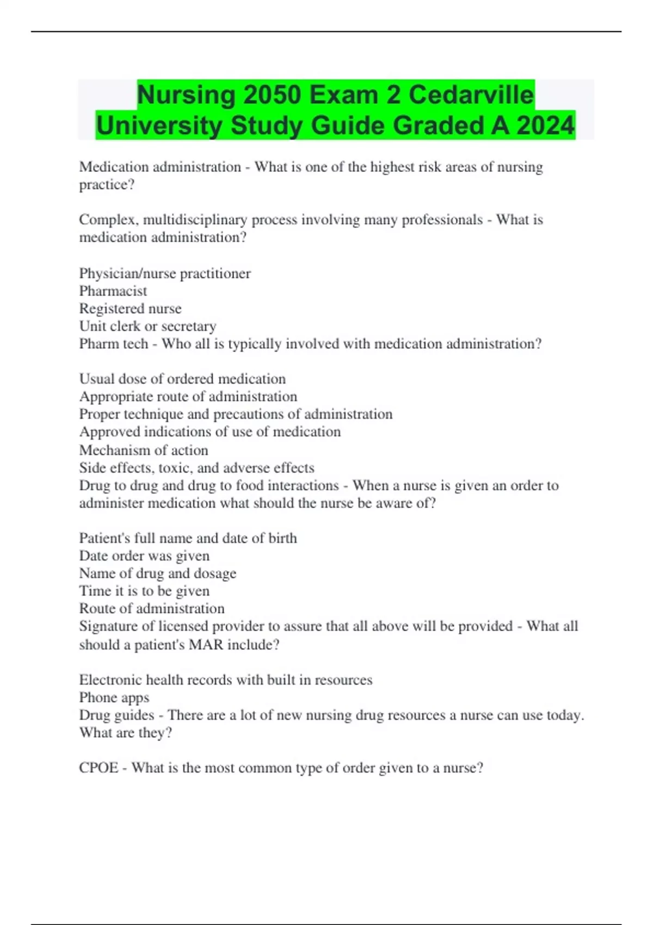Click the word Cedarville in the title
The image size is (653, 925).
click(471, 95)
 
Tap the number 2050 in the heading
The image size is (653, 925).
click(272, 95)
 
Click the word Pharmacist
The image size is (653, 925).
click(113, 291)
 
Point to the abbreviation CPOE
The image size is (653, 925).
click(98, 768)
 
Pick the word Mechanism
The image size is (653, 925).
click(112, 451)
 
